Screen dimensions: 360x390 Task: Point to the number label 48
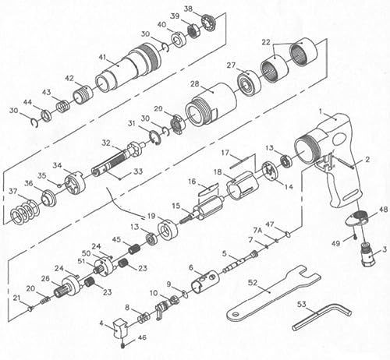383,210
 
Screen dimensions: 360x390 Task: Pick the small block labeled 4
119,330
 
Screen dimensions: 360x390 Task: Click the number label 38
188,9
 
